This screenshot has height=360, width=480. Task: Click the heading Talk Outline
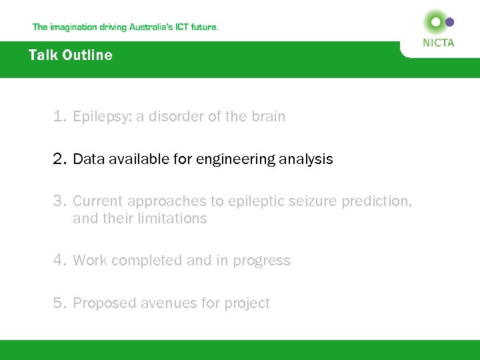tap(70, 55)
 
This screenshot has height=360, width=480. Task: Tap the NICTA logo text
tap(438, 43)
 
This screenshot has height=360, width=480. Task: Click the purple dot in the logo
tap(449, 22)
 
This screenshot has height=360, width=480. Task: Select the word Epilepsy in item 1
tap(101, 117)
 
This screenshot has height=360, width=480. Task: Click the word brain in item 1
tap(268, 117)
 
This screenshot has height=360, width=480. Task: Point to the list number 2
tap(60, 159)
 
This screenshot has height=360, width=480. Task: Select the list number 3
tap(60, 201)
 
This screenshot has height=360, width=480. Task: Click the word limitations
tap(175, 219)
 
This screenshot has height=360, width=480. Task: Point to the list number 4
tap(60, 261)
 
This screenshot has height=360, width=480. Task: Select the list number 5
tap(60, 303)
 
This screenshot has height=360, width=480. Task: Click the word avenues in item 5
tap(171, 303)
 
